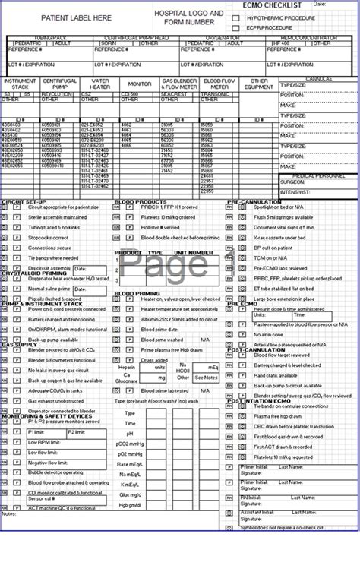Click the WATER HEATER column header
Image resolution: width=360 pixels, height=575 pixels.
(100, 84)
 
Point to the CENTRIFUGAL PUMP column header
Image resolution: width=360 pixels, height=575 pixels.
(59, 84)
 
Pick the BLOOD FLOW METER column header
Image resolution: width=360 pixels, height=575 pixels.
(219, 84)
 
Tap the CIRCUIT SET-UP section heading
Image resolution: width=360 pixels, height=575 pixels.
(24, 201)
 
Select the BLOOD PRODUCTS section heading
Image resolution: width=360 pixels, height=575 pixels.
(137, 201)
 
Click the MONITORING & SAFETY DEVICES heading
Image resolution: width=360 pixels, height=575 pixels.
(41, 415)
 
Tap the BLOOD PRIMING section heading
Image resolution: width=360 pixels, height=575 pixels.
(137, 293)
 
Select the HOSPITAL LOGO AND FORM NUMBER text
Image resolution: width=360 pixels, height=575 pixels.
(189, 17)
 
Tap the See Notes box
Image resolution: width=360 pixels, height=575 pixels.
(205, 378)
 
